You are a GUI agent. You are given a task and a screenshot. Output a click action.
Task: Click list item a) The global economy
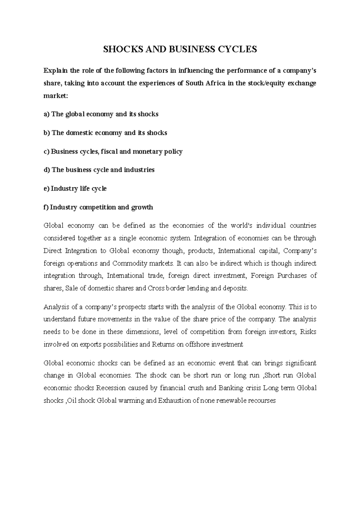pyautogui.click(x=101, y=114)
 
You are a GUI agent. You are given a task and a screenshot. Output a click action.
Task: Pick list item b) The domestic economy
pyautogui.click(x=105, y=133)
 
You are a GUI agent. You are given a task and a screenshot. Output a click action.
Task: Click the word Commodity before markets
pyautogui.click(x=130, y=263)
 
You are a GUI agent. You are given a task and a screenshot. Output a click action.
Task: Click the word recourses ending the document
pyautogui.click(x=260, y=400)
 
